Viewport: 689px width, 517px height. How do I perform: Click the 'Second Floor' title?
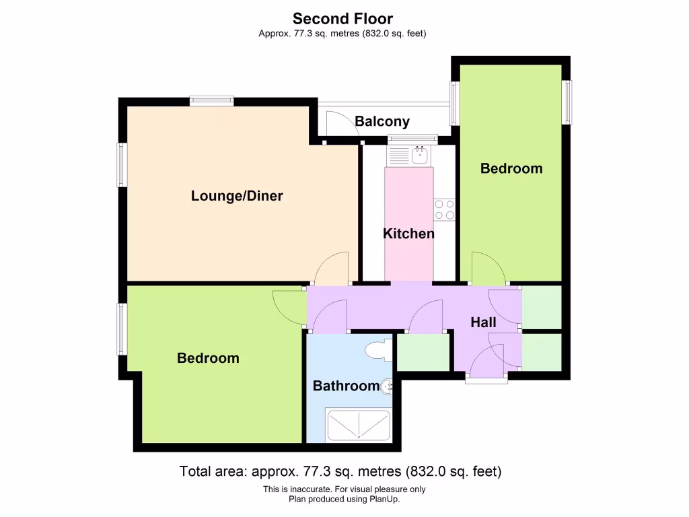click(343, 19)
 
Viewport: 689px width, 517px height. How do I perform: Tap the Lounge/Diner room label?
click(237, 197)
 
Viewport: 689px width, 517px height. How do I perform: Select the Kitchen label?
click(408, 234)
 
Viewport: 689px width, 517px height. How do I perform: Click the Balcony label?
click(382, 122)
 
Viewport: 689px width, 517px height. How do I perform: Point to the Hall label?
click(483, 323)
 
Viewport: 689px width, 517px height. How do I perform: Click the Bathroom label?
click(346, 386)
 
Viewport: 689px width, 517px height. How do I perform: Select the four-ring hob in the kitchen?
click(444, 209)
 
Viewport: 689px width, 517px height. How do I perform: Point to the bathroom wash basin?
click(388, 386)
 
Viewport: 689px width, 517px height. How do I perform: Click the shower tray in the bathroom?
click(358, 425)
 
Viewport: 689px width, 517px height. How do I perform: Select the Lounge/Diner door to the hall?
click(332, 269)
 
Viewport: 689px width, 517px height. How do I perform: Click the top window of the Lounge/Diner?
click(211, 102)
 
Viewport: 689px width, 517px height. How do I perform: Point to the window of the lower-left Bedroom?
click(122, 329)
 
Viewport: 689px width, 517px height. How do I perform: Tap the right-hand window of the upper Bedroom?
click(567, 102)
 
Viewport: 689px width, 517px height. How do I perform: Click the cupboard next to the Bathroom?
click(423, 351)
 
